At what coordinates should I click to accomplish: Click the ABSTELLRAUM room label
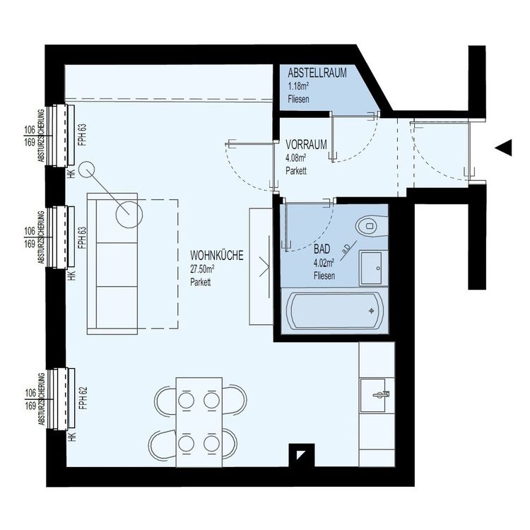pyautogui.click(x=317, y=73)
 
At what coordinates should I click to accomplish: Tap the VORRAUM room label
pyautogui.click(x=306, y=144)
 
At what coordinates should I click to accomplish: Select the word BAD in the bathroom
pyautogui.click(x=322, y=249)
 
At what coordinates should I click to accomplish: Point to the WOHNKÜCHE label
pyautogui.click(x=216, y=257)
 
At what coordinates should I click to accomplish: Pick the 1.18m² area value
pyautogui.click(x=298, y=86)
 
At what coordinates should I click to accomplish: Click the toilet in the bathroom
pyautogui.click(x=370, y=226)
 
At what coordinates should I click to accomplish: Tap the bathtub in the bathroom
pyautogui.click(x=334, y=310)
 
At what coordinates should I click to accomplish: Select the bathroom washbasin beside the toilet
pyautogui.click(x=372, y=268)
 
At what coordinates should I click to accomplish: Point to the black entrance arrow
pyautogui.click(x=503, y=147)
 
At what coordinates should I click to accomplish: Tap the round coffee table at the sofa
pyautogui.click(x=129, y=212)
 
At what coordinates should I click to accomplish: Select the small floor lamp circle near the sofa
pyautogui.click(x=86, y=170)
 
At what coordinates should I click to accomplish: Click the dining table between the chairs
pyautogui.click(x=199, y=421)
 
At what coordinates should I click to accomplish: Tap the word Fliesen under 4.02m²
pyautogui.click(x=324, y=275)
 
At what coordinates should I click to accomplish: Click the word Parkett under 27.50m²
pyautogui.click(x=201, y=282)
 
